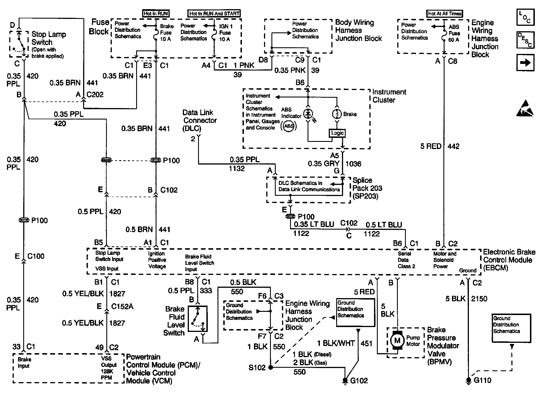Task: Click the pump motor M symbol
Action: point(397,341)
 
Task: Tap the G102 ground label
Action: point(359,381)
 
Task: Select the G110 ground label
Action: point(482,380)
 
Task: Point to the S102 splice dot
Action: point(270,367)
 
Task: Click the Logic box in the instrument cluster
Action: point(337,133)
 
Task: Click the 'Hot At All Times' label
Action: point(445,13)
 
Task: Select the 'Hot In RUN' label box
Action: point(156,13)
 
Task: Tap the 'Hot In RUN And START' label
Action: point(214,13)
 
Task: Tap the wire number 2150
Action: point(479,299)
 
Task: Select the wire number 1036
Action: point(353,164)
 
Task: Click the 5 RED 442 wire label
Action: point(440,146)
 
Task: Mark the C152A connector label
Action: point(122,306)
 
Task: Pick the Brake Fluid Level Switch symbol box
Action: point(198,318)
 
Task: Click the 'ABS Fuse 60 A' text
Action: point(454,33)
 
